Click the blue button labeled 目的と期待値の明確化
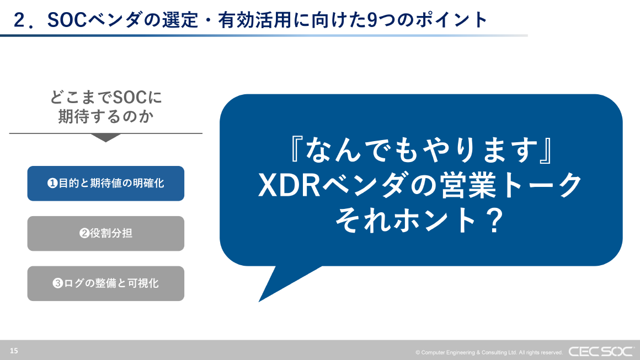click(x=105, y=184)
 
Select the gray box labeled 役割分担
click(x=105, y=234)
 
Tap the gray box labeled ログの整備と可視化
click(x=105, y=283)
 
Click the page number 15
click(x=14, y=351)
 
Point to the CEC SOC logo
click(x=601, y=351)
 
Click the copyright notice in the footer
click(x=489, y=352)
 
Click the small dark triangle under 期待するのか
click(x=105, y=138)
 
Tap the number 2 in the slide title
click(x=20, y=20)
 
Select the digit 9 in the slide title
click(x=372, y=20)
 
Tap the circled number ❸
click(x=57, y=284)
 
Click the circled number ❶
click(x=52, y=184)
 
